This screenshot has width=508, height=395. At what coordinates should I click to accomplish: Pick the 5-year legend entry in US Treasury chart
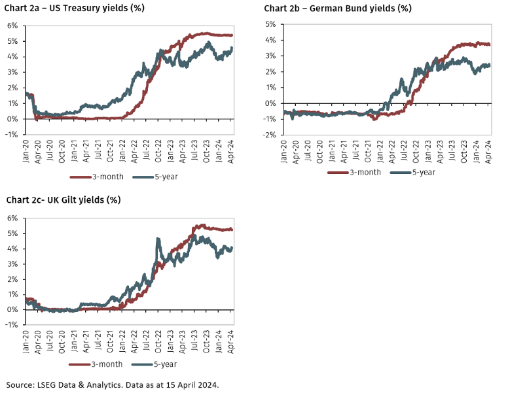(158, 177)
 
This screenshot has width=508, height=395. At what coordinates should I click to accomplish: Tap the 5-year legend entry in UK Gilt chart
(158, 364)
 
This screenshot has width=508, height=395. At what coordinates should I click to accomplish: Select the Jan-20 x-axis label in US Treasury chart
(27, 150)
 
